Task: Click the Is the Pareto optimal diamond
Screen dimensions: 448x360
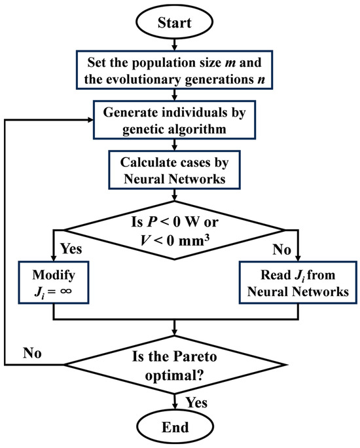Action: (x=175, y=361)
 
